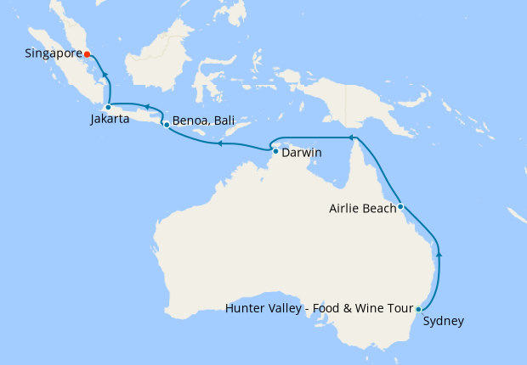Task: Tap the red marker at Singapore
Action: [88, 53]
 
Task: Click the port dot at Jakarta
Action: [108, 107]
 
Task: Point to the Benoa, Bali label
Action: [202, 121]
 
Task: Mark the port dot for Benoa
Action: [166, 125]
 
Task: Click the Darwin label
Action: [303, 156]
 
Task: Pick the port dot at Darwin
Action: [275, 152]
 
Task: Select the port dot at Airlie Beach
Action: [400, 205]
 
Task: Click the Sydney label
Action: [444, 321]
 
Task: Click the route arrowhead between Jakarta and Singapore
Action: [106, 76]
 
